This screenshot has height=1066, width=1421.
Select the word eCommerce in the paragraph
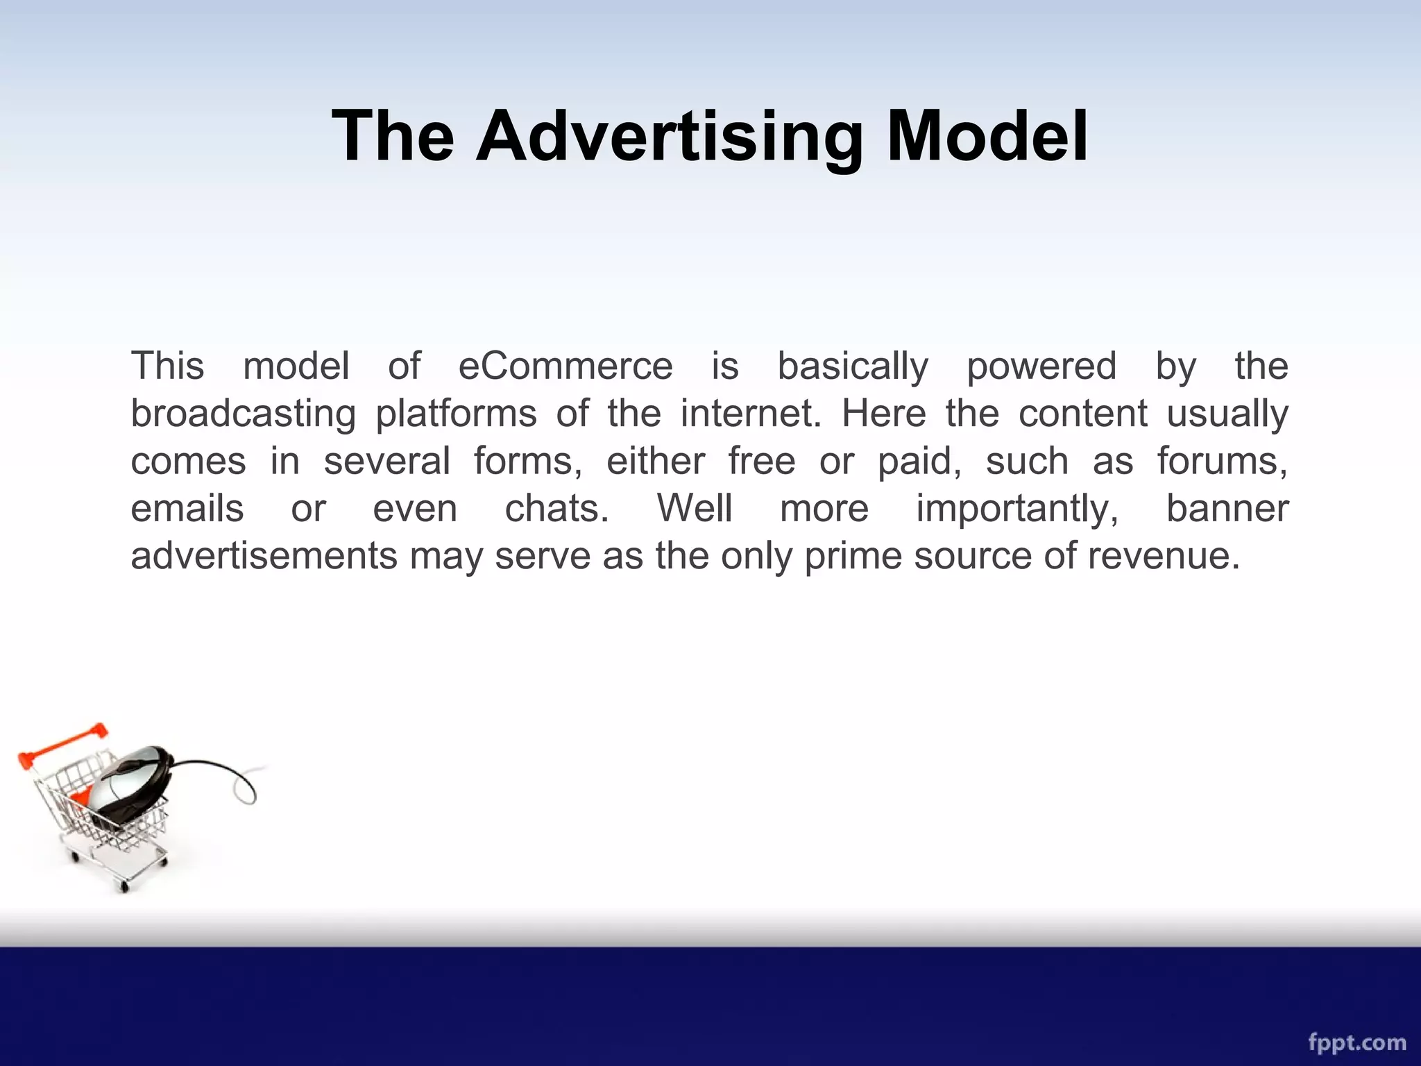click(565, 366)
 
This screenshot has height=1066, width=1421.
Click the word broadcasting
click(243, 414)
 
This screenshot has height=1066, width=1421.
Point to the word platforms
click(456, 414)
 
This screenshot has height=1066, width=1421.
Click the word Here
click(883, 413)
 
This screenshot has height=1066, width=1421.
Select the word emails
click(187, 509)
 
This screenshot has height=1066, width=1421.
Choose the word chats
click(556, 509)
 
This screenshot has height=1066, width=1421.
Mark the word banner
click(1227, 508)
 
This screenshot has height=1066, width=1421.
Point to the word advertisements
click(264, 556)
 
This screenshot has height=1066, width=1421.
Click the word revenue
click(1163, 556)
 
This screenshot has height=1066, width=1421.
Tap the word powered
click(1041, 367)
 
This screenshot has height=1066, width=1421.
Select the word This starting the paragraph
click(167, 366)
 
